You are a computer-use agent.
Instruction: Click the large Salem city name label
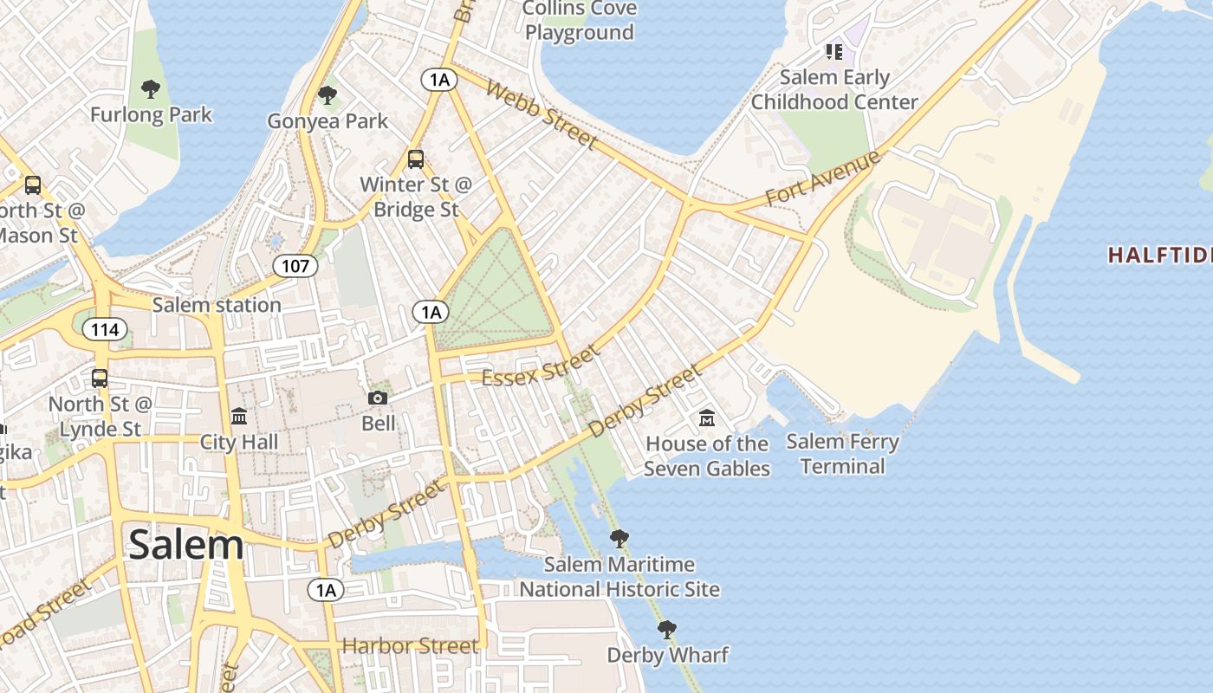pyautogui.click(x=185, y=545)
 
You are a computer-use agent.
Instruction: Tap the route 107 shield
pyautogui.click(x=295, y=265)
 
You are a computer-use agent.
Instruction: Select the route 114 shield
pyautogui.click(x=106, y=329)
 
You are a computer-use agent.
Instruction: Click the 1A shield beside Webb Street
pyautogui.click(x=439, y=80)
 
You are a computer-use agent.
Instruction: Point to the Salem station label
pyautogui.click(x=217, y=305)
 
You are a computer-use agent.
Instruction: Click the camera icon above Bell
pyautogui.click(x=378, y=398)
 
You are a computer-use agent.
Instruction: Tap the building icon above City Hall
pyautogui.click(x=239, y=417)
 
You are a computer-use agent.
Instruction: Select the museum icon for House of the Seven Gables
pyautogui.click(x=706, y=418)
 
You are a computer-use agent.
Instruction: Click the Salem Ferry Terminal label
pyautogui.click(x=842, y=454)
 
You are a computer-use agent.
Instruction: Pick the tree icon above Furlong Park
pyautogui.click(x=151, y=88)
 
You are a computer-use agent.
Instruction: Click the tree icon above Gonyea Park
pyautogui.click(x=327, y=94)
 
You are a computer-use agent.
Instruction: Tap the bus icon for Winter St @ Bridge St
pyautogui.click(x=416, y=159)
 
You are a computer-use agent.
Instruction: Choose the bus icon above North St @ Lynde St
pyautogui.click(x=100, y=379)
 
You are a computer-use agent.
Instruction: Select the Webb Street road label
pyautogui.click(x=542, y=115)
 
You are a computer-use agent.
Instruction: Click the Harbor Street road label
pyautogui.click(x=410, y=645)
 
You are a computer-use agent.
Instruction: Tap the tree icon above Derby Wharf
pyautogui.click(x=666, y=629)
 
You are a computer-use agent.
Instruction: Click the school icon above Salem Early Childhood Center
pyautogui.click(x=834, y=52)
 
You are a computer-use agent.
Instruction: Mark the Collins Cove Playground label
pyautogui.click(x=580, y=21)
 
